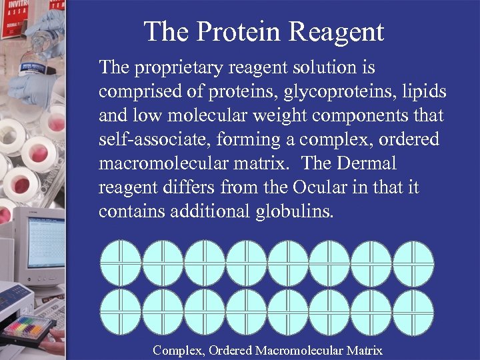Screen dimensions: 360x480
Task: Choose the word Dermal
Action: point(365,164)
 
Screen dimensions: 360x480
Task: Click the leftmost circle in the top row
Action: point(121,263)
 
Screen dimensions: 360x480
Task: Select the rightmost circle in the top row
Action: point(413,263)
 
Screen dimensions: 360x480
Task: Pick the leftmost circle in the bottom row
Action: point(121,313)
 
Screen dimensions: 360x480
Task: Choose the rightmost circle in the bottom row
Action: point(413,313)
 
